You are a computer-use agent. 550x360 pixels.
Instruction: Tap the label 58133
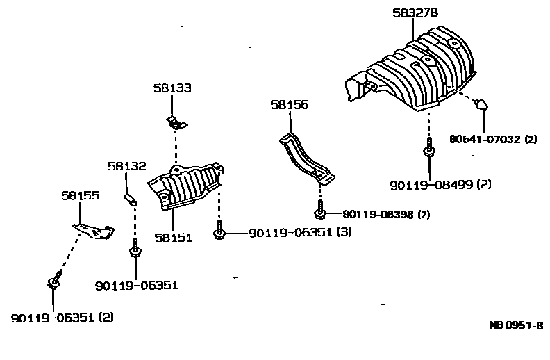pyautogui.click(x=172, y=88)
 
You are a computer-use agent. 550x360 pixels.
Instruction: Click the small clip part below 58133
pyautogui.click(x=176, y=123)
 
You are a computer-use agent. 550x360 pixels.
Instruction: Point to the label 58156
pyautogui.click(x=290, y=105)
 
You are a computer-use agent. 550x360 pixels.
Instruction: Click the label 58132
pyautogui.click(x=127, y=166)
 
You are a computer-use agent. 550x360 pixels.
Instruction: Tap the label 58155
pyautogui.click(x=80, y=196)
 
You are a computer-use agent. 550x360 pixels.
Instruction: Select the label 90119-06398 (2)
pyautogui.click(x=385, y=214)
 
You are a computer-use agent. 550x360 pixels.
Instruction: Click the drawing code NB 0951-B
pyautogui.click(x=515, y=325)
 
